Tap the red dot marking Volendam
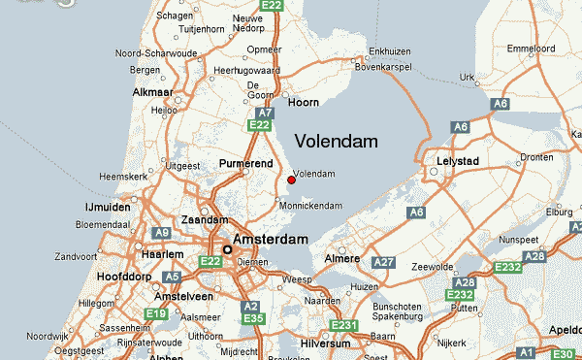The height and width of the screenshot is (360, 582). (x=291, y=179)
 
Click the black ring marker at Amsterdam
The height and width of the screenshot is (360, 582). (x=228, y=249)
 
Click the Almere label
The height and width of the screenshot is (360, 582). (x=342, y=261)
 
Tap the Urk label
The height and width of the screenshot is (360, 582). (x=468, y=77)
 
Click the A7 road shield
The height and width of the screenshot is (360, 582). (x=262, y=112)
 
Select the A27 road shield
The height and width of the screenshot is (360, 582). (x=384, y=262)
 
